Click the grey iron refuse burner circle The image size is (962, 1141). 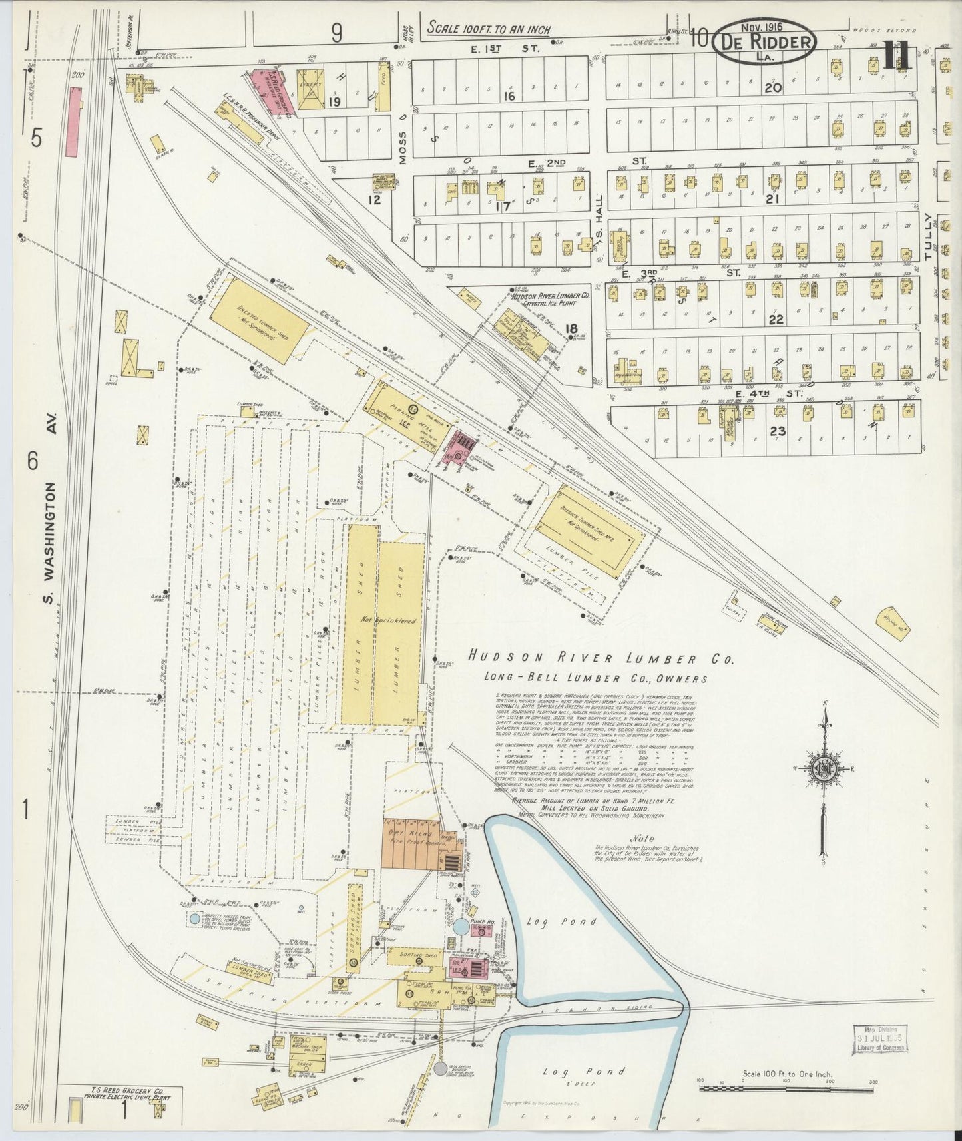(440, 1068)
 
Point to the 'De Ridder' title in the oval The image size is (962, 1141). (764, 41)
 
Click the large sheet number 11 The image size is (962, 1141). (897, 55)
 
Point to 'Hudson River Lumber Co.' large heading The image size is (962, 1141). (600, 659)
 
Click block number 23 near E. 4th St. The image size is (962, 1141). (777, 431)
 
